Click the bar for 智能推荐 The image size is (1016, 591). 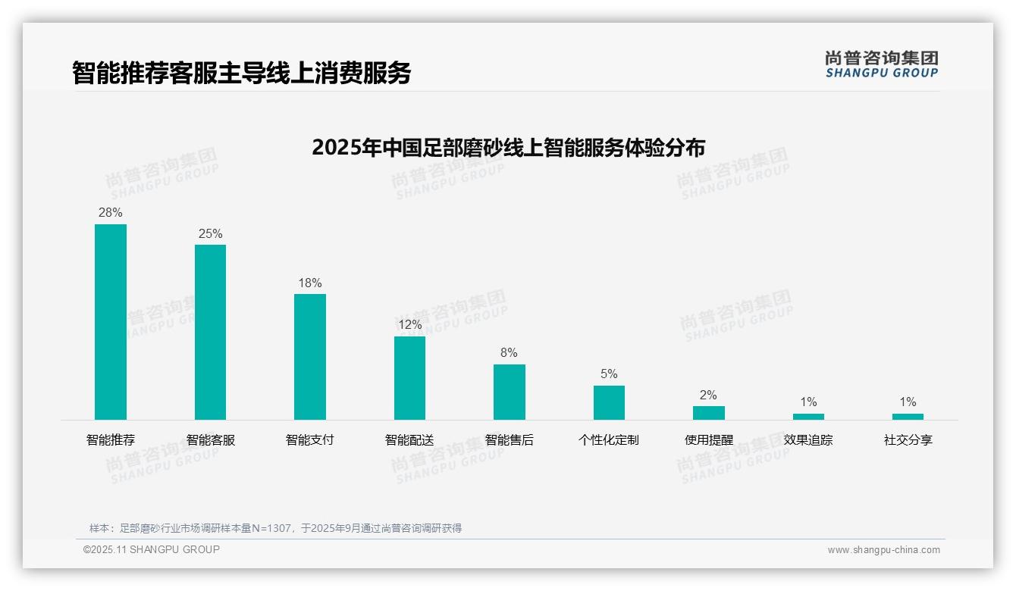pos(111,322)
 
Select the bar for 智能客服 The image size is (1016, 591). pos(210,332)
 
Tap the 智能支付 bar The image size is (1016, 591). pos(310,357)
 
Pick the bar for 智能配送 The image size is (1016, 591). pos(409,378)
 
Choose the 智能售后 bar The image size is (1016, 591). pos(510,392)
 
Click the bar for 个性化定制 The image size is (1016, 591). pos(609,402)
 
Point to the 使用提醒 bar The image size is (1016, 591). pos(709,413)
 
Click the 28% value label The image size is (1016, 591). pos(111,213)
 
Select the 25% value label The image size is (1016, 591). pos(210,234)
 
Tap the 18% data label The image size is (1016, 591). pos(310,283)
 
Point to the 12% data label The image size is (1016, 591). pos(409,325)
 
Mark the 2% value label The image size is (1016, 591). pos(709,396)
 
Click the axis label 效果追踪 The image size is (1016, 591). pos(808,440)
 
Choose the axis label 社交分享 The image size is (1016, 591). pos(908,440)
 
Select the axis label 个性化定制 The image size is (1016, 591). pos(609,440)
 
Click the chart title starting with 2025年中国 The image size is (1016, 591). pos(508,147)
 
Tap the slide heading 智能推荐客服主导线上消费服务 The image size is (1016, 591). pos(242,73)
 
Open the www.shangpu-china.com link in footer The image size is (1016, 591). pos(883,550)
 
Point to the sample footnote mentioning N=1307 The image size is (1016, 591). pos(276,528)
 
